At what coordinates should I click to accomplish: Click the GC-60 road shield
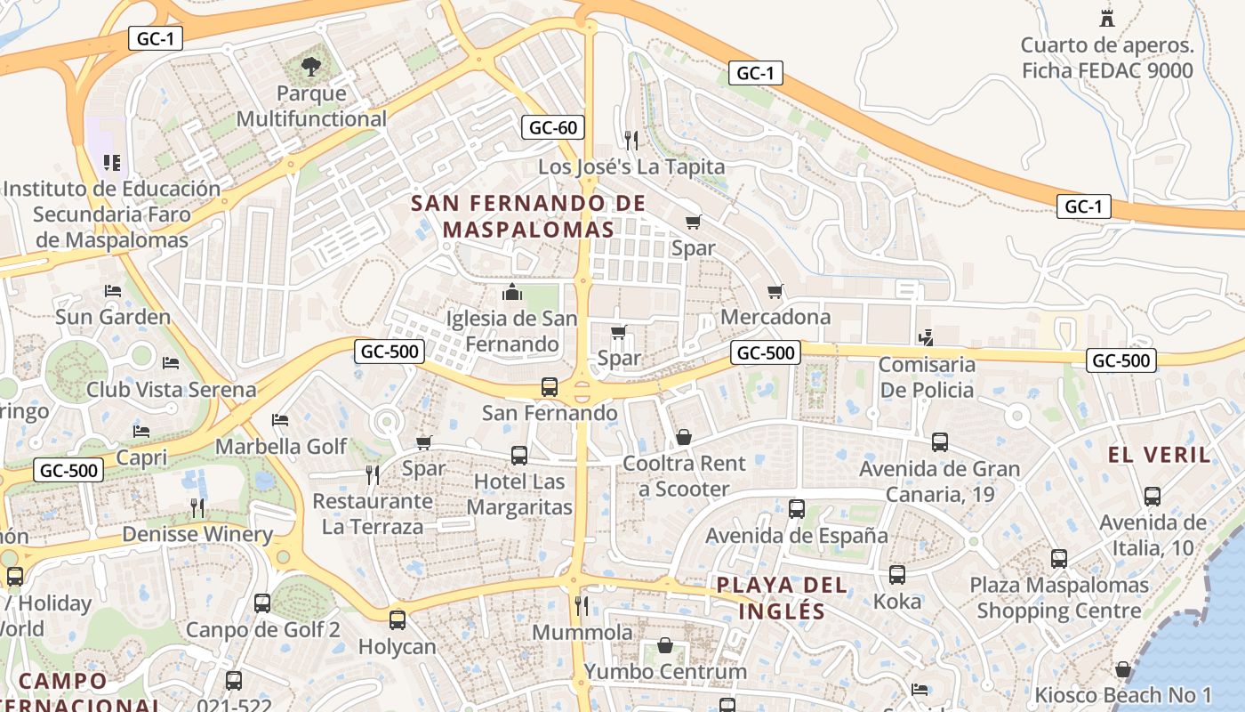pos(553,127)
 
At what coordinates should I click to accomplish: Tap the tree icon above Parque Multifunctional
pos(310,65)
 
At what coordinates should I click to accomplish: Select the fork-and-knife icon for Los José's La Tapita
pos(631,140)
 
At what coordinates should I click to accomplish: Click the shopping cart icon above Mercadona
pos(775,291)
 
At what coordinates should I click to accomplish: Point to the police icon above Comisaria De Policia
pos(927,337)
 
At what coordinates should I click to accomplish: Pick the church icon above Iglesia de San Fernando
pos(511,292)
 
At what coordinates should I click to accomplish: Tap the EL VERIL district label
pos(1160,455)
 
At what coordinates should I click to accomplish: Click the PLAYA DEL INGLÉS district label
pos(782,598)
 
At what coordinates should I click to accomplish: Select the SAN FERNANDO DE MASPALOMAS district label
pos(529,216)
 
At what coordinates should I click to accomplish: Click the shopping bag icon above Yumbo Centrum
pos(665,645)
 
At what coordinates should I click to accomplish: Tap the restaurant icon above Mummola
pos(581,606)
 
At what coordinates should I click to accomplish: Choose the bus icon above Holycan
pos(398,619)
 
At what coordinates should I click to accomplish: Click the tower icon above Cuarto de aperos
pos(1107,18)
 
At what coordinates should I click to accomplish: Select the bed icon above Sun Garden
pos(112,291)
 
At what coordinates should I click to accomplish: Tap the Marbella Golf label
pos(281,446)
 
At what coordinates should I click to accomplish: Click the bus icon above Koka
pos(897,575)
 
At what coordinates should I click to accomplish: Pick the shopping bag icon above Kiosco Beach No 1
pos(1123,669)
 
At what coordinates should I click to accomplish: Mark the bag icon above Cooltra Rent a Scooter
pos(684,437)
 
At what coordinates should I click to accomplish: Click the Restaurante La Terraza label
pos(373,514)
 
